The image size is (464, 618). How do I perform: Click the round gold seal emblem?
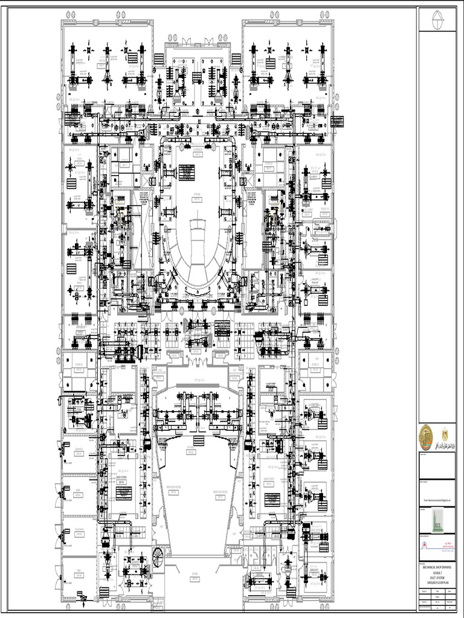point(427,436)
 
